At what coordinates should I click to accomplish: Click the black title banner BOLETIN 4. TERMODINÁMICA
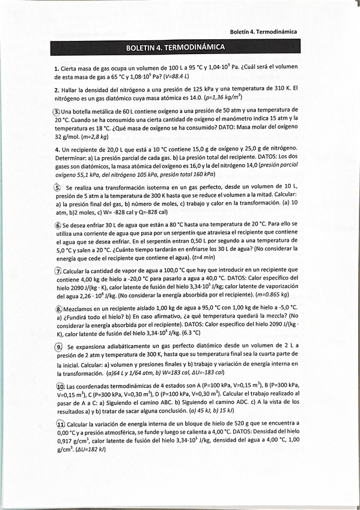(x=175, y=47)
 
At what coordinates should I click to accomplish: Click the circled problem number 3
(x=56, y=111)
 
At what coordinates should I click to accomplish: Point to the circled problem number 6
(x=57, y=225)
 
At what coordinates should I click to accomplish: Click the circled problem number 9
(x=58, y=347)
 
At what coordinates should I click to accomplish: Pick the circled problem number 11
(x=59, y=424)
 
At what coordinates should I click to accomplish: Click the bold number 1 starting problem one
(x=56, y=69)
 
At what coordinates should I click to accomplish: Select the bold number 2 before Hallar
(x=56, y=90)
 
